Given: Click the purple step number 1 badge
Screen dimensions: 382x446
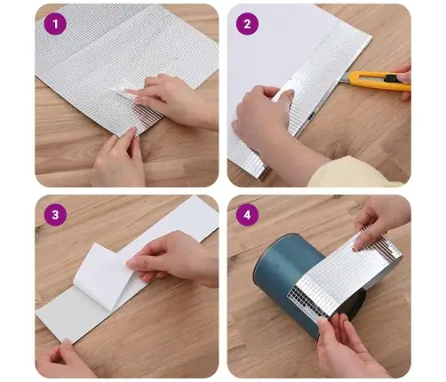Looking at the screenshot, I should [x=56, y=24].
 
